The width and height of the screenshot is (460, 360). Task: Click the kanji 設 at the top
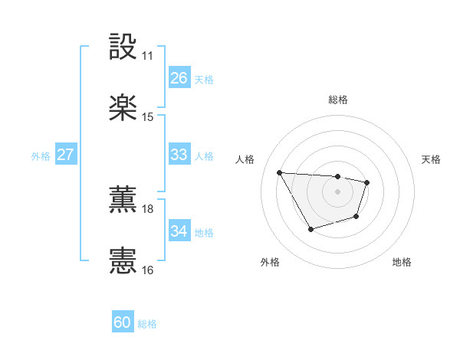tap(123, 47)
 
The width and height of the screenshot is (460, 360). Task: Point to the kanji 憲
tap(123, 260)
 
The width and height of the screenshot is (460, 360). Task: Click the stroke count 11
tap(148, 56)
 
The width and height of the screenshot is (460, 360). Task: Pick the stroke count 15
tap(148, 117)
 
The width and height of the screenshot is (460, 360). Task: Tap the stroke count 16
tap(148, 270)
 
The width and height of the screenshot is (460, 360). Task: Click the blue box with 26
tap(179, 78)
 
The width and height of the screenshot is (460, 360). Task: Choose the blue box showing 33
tap(179, 155)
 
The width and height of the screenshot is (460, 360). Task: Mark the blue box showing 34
tap(179, 231)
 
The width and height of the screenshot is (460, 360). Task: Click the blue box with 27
tap(65, 155)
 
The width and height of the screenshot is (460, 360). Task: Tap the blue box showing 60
tap(123, 322)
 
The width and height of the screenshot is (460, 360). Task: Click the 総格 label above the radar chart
tap(337, 100)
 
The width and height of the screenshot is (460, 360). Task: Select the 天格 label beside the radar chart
tap(431, 159)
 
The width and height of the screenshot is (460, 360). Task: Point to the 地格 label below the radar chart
tap(402, 263)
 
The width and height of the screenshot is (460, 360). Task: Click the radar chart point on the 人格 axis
tap(280, 172)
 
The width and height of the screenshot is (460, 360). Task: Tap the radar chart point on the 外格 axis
tap(310, 229)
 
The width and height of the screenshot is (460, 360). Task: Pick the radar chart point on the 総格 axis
tap(337, 177)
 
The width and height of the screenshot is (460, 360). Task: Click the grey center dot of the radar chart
tap(337, 191)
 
